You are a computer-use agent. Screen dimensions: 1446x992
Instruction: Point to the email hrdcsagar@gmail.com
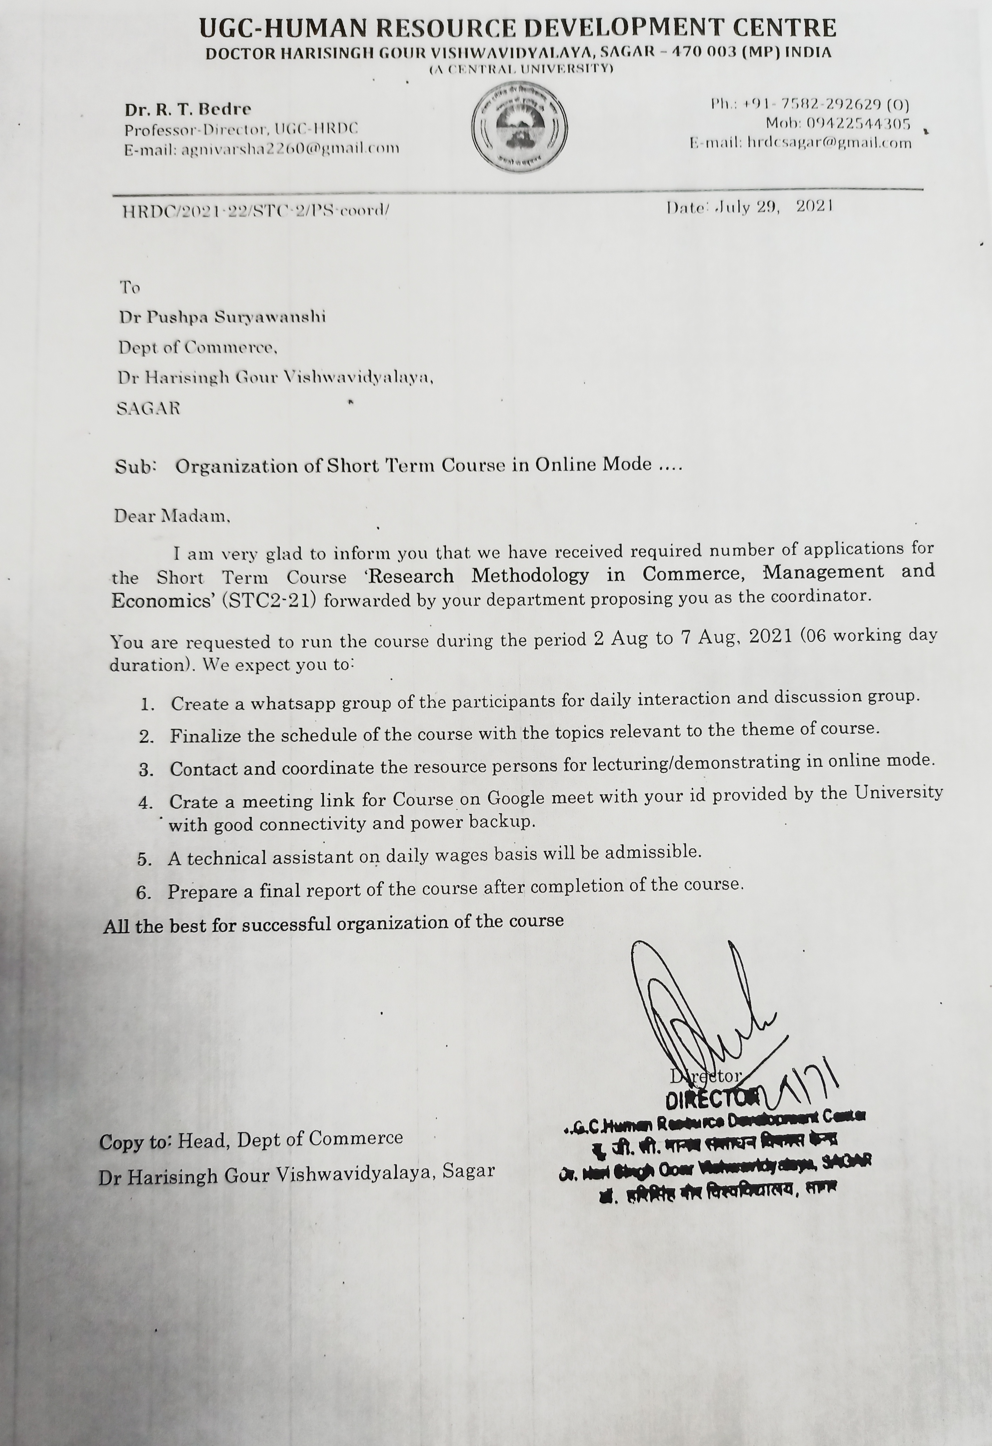pyautogui.click(x=829, y=143)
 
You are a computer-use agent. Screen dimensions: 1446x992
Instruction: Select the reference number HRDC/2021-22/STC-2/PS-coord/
pyautogui.click(x=255, y=211)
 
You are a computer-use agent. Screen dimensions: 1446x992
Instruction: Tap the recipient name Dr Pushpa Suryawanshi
pyautogui.click(x=222, y=317)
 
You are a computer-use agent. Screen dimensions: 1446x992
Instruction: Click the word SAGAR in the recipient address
pyautogui.click(x=148, y=409)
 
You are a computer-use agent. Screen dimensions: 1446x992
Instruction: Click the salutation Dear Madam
pyautogui.click(x=172, y=516)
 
